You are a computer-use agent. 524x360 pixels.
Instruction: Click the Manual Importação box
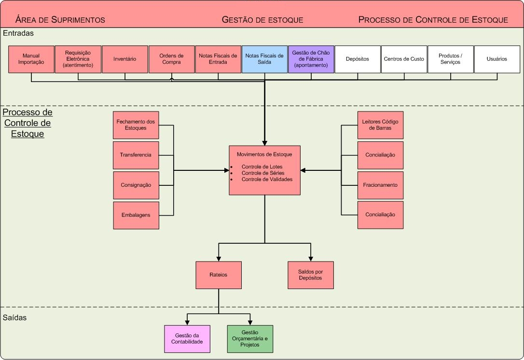tap(31, 59)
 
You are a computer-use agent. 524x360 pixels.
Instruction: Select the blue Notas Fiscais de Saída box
tap(264, 59)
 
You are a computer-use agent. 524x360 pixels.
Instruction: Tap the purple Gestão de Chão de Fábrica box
tap(311, 59)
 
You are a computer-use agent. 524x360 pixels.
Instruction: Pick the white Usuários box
tap(497, 59)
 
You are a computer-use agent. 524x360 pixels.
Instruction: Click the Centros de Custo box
tap(404, 59)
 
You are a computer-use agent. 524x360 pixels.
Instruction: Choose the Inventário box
tap(125, 59)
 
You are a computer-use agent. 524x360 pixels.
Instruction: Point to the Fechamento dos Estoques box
tap(136, 125)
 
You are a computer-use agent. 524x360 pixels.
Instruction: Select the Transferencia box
tap(136, 155)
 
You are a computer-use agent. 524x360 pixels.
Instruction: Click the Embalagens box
tap(136, 215)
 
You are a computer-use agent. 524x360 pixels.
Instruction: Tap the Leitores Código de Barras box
tap(380, 125)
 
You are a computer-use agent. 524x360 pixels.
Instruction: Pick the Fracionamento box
tap(380, 185)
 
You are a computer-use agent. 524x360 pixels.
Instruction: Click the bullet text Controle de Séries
tap(263, 173)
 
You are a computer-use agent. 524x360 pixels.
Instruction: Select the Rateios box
tap(219, 275)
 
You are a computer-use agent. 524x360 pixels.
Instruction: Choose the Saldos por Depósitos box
tap(311, 275)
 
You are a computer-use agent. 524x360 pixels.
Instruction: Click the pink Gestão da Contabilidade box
tap(187, 339)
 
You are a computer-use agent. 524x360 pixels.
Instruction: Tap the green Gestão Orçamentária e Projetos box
tap(250, 339)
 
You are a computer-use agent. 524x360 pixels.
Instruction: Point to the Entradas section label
tap(18, 34)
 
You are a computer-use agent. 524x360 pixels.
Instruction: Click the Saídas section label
tap(15, 318)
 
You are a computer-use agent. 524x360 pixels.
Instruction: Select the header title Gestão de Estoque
tap(262, 20)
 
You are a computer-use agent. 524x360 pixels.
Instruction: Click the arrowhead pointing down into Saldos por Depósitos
tap(311, 258)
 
